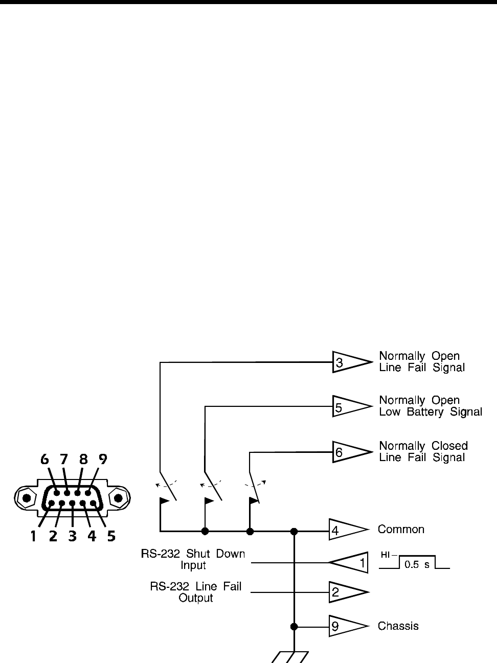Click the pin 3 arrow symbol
click(x=350, y=362)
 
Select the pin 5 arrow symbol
click(x=350, y=407)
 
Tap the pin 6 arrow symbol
click(x=350, y=452)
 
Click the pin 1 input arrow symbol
click(x=350, y=563)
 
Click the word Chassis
click(x=398, y=626)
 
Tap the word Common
click(x=401, y=530)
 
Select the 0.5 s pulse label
click(x=417, y=565)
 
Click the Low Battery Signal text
click(x=431, y=412)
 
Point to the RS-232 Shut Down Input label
click(x=193, y=560)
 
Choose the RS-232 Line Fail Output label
click(x=196, y=592)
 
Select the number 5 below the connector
click(x=111, y=536)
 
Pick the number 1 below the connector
click(x=33, y=536)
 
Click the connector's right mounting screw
click(x=118, y=497)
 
